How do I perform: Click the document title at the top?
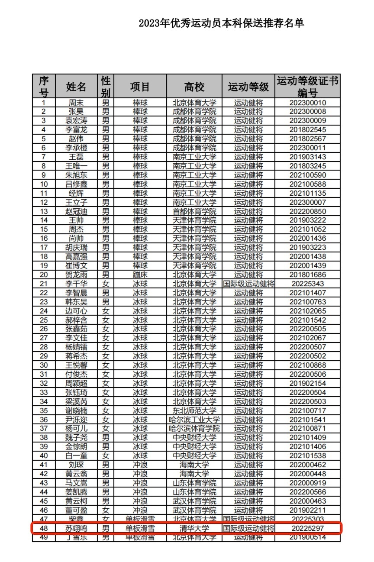point(221,23)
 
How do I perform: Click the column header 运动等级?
point(248,87)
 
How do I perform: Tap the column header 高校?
point(194,87)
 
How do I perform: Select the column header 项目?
point(140,87)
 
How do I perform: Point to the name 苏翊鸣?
point(76,529)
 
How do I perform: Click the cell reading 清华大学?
point(194,529)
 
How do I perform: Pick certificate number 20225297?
point(307,529)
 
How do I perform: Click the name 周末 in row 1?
point(76,103)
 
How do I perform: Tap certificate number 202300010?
point(307,103)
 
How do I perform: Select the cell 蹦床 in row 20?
point(140,275)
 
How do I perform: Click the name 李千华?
point(76,284)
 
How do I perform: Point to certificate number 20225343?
point(307,284)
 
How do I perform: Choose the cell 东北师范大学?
point(194,410)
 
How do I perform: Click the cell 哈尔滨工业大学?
point(194,419)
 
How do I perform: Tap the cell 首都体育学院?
point(194,211)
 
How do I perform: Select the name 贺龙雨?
point(76,275)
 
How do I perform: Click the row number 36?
point(44,419)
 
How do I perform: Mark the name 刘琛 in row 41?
point(76,465)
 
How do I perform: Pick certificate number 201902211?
point(307,510)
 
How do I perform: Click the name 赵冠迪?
point(76,211)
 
